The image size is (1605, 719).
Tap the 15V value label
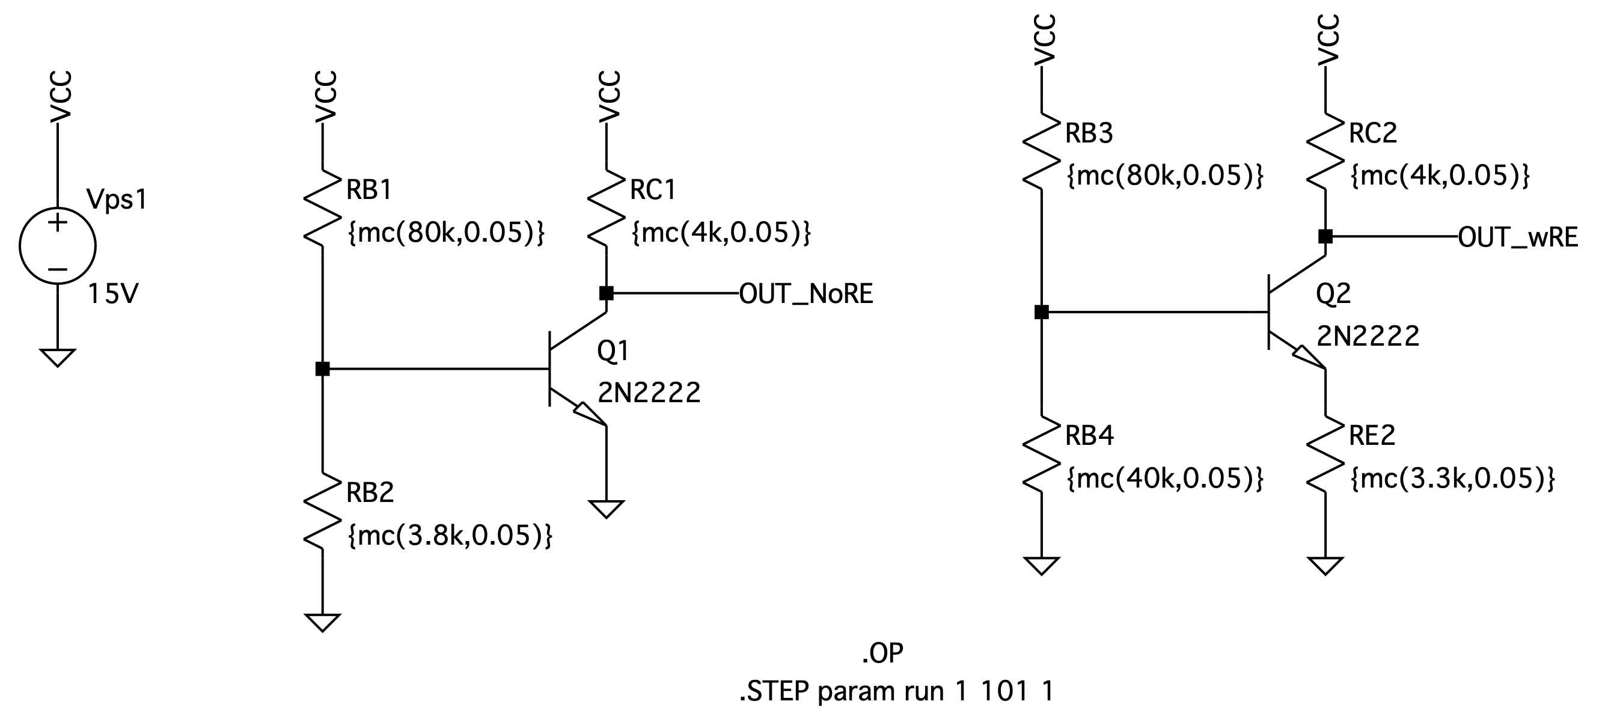pyautogui.click(x=113, y=294)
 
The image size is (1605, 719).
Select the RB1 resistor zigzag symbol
pyautogui.click(x=323, y=208)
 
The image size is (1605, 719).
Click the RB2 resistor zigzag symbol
pyautogui.click(x=323, y=511)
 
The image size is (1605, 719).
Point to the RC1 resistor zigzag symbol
pyautogui.click(x=607, y=208)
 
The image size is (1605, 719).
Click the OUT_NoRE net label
pyautogui.click(x=806, y=294)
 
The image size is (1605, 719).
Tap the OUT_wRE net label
pyautogui.click(x=1518, y=237)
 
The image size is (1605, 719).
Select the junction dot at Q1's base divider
pyautogui.click(x=323, y=369)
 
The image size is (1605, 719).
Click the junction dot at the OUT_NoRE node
pyautogui.click(x=607, y=293)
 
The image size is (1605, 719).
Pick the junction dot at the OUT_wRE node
pyautogui.click(x=1325, y=236)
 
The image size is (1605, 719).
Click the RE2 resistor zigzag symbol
pyautogui.click(x=1325, y=454)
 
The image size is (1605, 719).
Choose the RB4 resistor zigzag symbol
pyautogui.click(x=1041, y=454)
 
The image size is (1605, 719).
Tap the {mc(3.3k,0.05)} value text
pyautogui.click(x=1453, y=479)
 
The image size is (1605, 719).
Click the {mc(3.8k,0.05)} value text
pyautogui.click(x=450, y=535)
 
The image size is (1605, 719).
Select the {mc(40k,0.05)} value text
pyautogui.click(x=1165, y=479)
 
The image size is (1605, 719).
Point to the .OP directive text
pyautogui.click(x=883, y=653)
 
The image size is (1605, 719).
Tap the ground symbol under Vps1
pyautogui.click(x=57, y=358)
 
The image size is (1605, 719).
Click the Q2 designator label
pyautogui.click(x=1333, y=293)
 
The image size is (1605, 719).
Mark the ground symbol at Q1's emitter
pyautogui.click(x=607, y=509)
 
